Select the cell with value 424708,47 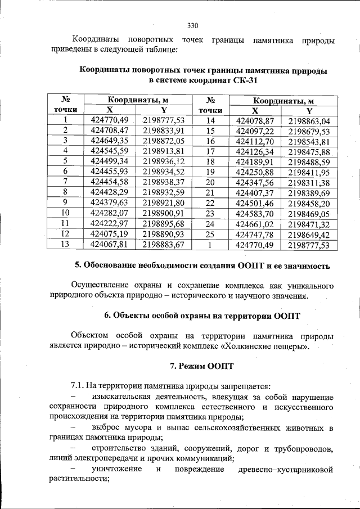click(x=110, y=130)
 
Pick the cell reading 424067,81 click(x=110, y=244)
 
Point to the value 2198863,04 click(x=309, y=121)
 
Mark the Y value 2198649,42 click(x=309, y=235)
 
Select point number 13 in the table click(x=66, y=244)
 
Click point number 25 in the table click(x=211, y=235)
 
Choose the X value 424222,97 click(x=110, y=224)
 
